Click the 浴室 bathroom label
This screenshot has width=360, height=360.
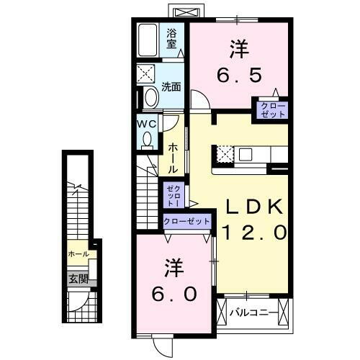pyautogui.click(x=172, y=37)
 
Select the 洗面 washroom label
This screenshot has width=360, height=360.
pyautogui.click(x=171, y=86)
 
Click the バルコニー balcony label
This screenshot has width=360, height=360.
pyautogui.click(x=250, y=313)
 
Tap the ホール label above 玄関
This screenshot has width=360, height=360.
pyautogui.click(x=78, y=254)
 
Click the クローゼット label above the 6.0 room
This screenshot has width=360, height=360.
pyautogui.click(x=186, y=221)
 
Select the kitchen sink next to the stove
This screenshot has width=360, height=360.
pyautogui.click(x=246, y=153)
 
